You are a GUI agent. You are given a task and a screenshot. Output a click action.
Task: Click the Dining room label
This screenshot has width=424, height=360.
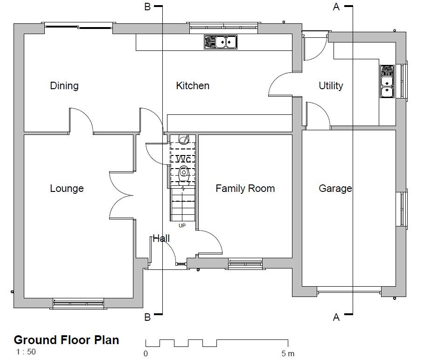[64, 86]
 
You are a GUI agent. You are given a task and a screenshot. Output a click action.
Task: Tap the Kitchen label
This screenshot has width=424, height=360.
[193, 86]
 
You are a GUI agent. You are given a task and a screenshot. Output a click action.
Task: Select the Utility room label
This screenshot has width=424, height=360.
[331, 86]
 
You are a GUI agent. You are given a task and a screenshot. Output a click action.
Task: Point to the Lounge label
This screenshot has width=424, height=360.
[67, 188]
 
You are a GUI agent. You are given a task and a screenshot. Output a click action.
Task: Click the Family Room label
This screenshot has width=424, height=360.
[245, 188]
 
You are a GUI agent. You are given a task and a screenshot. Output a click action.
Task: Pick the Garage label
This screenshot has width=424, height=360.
[335, 188]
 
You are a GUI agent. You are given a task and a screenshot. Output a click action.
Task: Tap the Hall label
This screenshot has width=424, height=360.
[161, 239]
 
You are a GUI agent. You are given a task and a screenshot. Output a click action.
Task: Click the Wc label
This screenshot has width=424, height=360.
[183, 159]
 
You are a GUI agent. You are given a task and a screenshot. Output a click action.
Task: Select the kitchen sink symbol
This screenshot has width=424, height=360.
[221, 42]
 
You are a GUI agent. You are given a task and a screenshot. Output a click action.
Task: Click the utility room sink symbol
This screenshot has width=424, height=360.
[387, 81]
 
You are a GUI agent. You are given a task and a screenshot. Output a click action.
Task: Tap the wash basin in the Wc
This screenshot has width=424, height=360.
[184, 140]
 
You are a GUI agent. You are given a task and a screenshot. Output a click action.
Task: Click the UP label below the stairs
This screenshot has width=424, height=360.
[182, 226]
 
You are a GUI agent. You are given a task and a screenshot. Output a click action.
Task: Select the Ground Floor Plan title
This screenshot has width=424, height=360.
[67, 340]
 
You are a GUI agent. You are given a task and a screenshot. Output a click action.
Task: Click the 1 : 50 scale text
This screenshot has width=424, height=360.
[26, 352]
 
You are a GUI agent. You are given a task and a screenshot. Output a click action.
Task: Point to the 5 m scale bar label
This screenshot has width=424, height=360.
[288, 353]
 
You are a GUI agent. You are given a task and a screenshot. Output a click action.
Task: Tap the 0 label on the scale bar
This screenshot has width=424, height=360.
[146, 353]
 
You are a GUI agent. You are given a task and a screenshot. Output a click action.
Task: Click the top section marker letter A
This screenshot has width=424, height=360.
[336, 7]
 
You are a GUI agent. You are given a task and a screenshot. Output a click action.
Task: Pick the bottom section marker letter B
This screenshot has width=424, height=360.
[147, 317]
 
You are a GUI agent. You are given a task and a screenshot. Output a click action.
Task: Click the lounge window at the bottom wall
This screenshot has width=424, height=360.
[78, 304]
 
